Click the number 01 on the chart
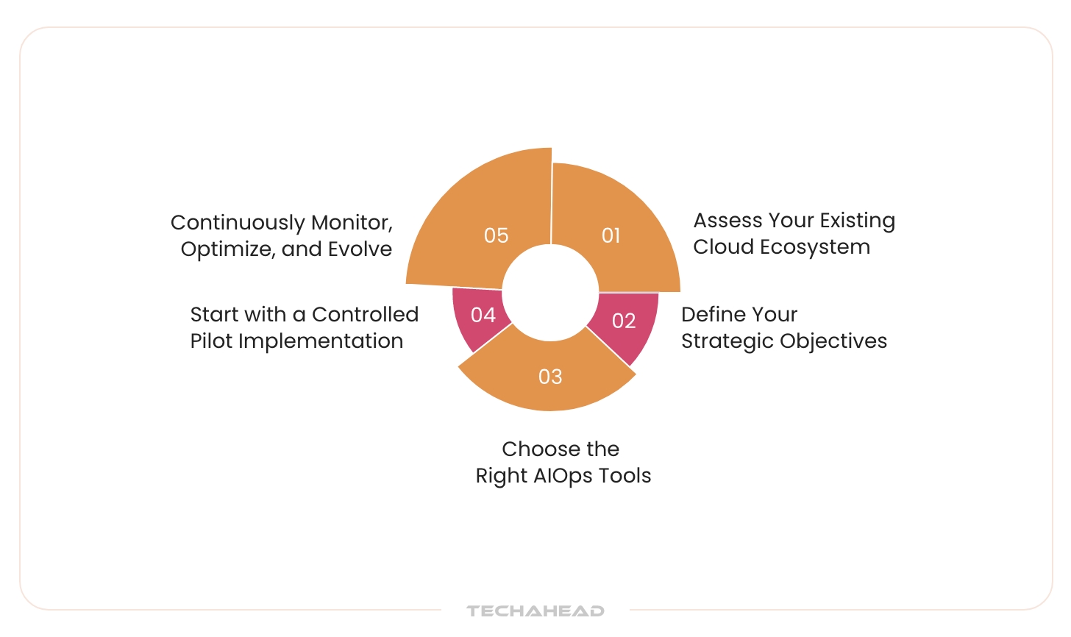click(x=611, y=235)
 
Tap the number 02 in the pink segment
click(x=624, y=321)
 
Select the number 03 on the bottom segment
click(x=550, y=377)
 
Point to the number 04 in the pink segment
click(x=483, y=315)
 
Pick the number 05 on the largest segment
click(x=497, y=235)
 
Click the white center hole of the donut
click(x=550, y=293)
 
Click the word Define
click(x=710, y=315)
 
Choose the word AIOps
click(x=563, y=476)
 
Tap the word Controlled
click(x=365, y=315)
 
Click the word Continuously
click(x=238, y=223)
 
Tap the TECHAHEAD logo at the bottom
click(x=535, y=611)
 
